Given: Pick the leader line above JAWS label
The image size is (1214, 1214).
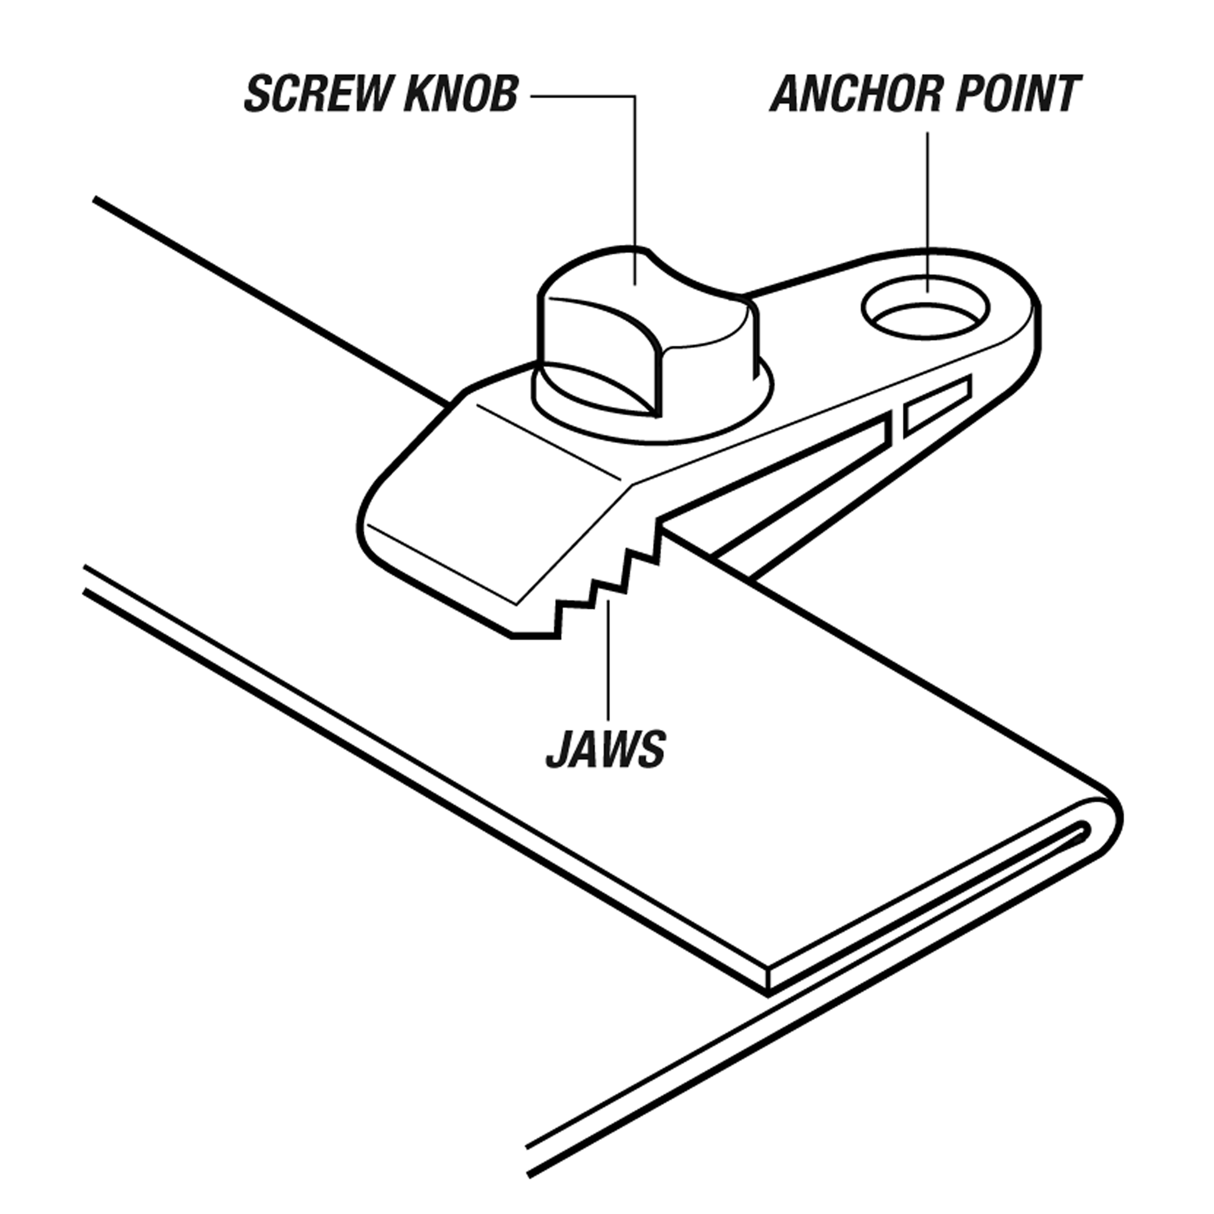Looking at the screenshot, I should pyautogui.click(x=608, y=660).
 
